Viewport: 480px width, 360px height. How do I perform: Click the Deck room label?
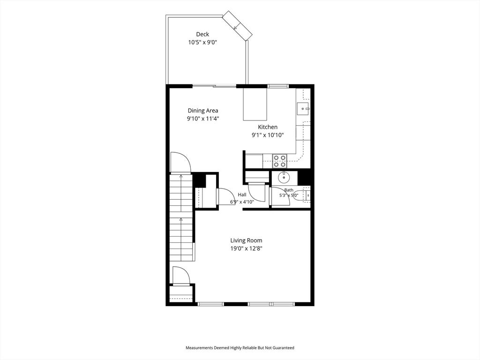pyautogui.click(x=202, y=34)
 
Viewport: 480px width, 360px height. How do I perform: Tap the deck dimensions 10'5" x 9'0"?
pyautogui.click(x=202, y=42)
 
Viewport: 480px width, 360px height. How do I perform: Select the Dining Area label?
pyautogui.click(x=203, y=111)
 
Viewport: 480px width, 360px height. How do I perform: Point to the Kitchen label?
pyautogui.click(x=268, y=127)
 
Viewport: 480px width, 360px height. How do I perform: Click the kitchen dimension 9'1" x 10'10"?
pyautogui.click(x=268, y=135)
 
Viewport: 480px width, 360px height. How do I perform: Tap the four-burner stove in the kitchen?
pyautogui.click(x=280, y=161)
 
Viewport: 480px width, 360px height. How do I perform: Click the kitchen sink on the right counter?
pyautogui.click(x=303, y=109)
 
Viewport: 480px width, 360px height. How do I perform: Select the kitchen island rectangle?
pyautogui.click(x=255, y=104)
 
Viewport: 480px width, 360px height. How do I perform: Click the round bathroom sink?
pyautogui.click(x=284, y=177)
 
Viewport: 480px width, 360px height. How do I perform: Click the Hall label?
pyautogui.click(x=242, y=195)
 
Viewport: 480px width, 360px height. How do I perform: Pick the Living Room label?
pyautogui.click(x=246, y=240)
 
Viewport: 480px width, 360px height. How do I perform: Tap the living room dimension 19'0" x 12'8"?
pyautogui.click(x=246, y=248)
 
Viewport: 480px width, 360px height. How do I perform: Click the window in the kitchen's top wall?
pyautogui.click(x=278, y=86)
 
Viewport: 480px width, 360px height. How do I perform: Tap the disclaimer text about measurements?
pyautogui.click(x=240, y=348)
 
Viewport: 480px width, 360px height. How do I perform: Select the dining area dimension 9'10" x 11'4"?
pyautogui.click(x=203, y=119)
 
